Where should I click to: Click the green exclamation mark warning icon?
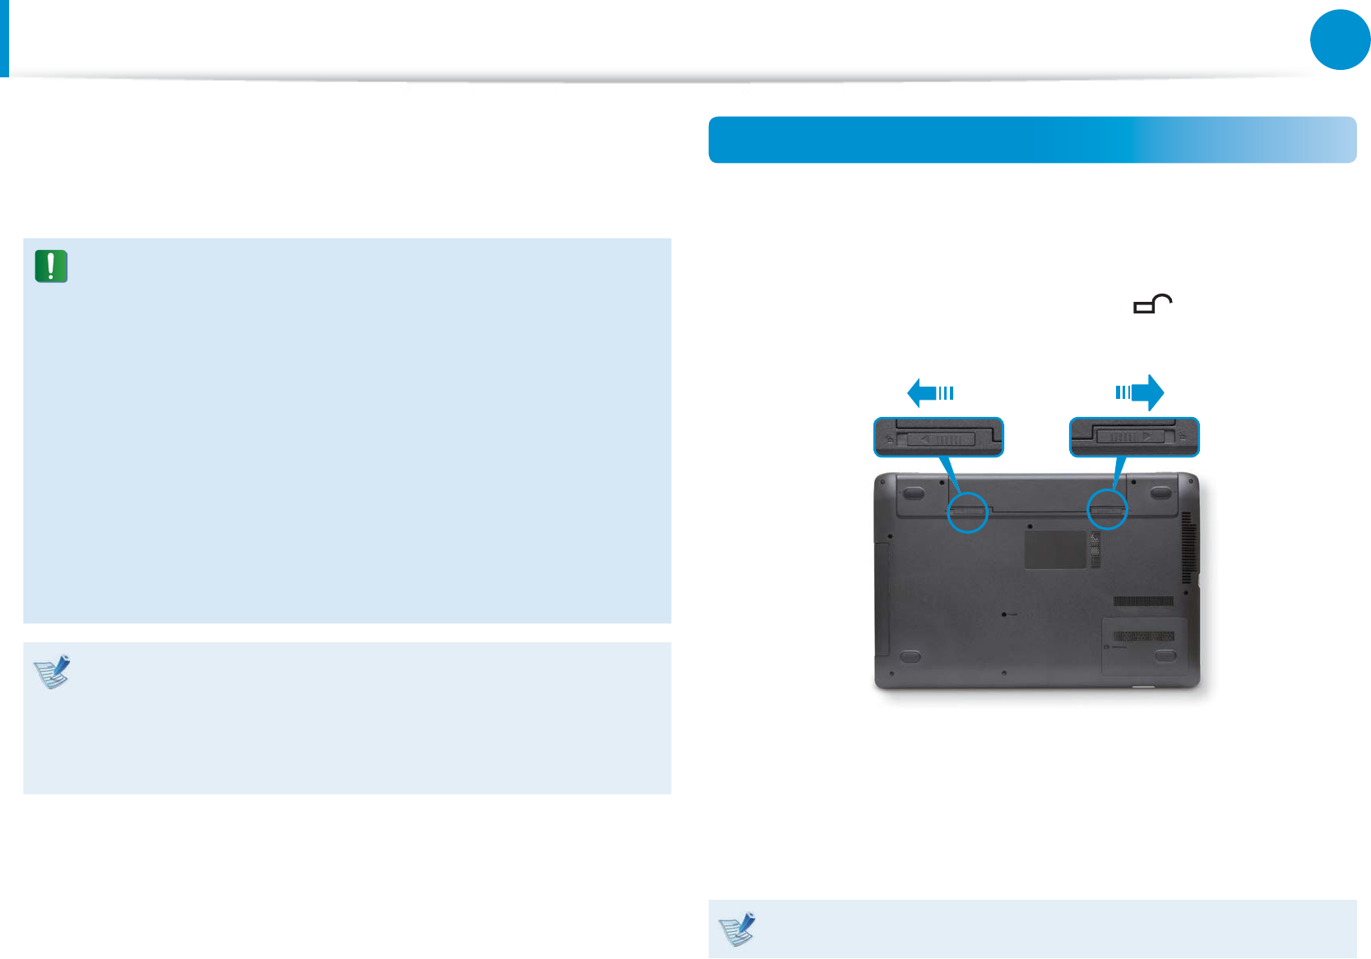[x=51, y=266]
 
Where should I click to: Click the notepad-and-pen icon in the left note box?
[x=53, y=671]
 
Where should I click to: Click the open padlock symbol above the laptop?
[x=1153, y=304]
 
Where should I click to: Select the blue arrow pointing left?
[x=930, y=392]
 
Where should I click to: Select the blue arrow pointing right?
[x=1140, y=392]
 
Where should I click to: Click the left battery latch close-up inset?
[x=938, y=437]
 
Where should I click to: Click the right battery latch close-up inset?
[x=1134, y=437]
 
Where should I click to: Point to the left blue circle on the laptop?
[x=967, y=512]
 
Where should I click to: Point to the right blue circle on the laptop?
[x=1107, y=511]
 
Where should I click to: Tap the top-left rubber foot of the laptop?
[x=912, y=493]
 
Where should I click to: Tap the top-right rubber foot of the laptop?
[x=1160, y=493]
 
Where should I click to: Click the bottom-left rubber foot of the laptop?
[x=910, y=656]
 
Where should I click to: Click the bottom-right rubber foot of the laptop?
[x=1165, y=656]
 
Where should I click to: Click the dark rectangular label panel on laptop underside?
[x=1055, y=549]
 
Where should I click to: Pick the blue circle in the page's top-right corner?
[x=1340, y=39]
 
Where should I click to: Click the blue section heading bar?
[x=1031, y=140]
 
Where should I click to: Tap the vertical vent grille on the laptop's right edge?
[x=1186, y=547]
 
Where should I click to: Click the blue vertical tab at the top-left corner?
[x=4, y=38]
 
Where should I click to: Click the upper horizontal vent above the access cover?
[x=1143, y=602]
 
